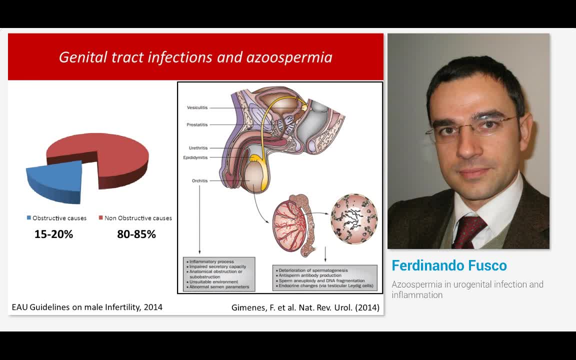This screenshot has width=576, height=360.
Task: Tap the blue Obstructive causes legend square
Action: click(x=29, y=218)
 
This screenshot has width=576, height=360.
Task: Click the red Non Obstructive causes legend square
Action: click(x=100, y=218)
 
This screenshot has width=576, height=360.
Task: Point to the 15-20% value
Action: click(x=53, y=234)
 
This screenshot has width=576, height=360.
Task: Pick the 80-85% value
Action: click(x=136, y=234)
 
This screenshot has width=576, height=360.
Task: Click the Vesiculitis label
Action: click(x=197, y=107)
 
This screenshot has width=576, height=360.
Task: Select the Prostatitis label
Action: click(x=197, y=124)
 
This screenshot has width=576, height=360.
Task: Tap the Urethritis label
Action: click(x=198, y=148)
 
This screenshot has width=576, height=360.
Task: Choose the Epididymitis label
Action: click(x=195, y=157)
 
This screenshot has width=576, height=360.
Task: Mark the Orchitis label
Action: click(x=199, y=180)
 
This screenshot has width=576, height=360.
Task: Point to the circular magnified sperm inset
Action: click(x=354, y=219)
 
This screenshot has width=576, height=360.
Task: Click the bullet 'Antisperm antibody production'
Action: click(x=310, y=275)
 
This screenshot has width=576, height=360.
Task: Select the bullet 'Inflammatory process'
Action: click(x=210, y=261)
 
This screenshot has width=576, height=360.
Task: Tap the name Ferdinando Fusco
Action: click(x=449, y=265)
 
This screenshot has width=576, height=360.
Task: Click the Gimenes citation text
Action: click(x=305, y=307)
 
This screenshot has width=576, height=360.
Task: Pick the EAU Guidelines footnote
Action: click(x=87, y=307)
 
